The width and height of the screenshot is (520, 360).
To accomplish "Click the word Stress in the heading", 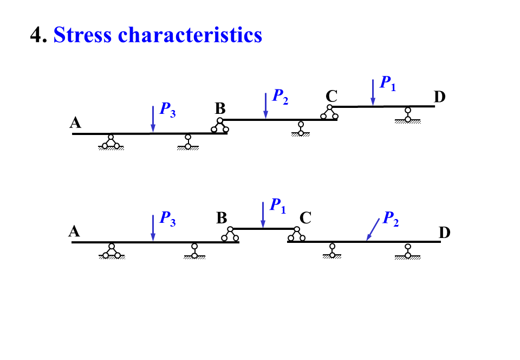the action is (83, 35).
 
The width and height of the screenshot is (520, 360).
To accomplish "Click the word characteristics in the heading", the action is (190, 35).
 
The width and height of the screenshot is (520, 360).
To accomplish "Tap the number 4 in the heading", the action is (36, 35).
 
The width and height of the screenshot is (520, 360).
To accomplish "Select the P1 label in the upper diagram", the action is (388, 83).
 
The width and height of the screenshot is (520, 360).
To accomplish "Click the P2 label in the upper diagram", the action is (280, 97).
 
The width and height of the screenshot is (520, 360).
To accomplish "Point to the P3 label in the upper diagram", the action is (167, 110).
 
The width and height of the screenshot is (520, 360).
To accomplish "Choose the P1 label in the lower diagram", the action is (277, 205).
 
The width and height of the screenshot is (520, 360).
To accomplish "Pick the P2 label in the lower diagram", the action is (391, 218).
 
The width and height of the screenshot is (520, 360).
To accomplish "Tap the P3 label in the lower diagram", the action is (167, 219).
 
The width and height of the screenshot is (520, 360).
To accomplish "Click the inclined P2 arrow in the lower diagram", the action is (373, 229).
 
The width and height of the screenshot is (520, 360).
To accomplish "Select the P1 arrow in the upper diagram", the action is (373, 92).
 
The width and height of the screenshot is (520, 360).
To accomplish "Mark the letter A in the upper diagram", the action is (75, 124).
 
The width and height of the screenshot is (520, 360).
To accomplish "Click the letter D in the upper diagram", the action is (439, 97).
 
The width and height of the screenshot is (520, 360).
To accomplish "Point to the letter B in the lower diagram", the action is (222, 218).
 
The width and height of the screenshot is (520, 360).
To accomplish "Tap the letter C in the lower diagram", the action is (305, 218).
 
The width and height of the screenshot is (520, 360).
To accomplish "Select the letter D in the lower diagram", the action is (444, 233).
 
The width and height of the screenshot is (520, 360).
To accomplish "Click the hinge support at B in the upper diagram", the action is (220, 125).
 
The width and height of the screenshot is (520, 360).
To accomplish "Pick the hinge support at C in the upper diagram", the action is (329, 112).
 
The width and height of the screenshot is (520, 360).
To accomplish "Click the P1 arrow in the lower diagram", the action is (263, 215).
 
